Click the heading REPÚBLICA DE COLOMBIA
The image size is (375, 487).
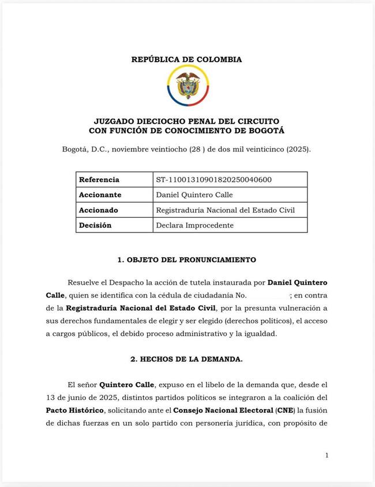pos(186,59)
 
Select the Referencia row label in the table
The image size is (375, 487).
pos(99,180)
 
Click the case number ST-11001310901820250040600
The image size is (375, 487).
pos(213,180)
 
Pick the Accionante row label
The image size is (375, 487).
pos(100,195)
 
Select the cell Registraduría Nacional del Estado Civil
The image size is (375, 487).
pos(225,210)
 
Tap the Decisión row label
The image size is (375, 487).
pos(95,225)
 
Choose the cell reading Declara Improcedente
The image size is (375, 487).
pos(194,225)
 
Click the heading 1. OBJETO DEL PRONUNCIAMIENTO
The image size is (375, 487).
pos(187,260)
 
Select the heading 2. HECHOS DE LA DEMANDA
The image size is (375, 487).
pos(186,359)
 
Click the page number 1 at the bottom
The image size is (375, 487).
pos(327,455)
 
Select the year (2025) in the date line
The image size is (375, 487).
pos(297,149)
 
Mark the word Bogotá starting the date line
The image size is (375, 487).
pos(76,149)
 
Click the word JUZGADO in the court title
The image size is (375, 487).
pos(114,122)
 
